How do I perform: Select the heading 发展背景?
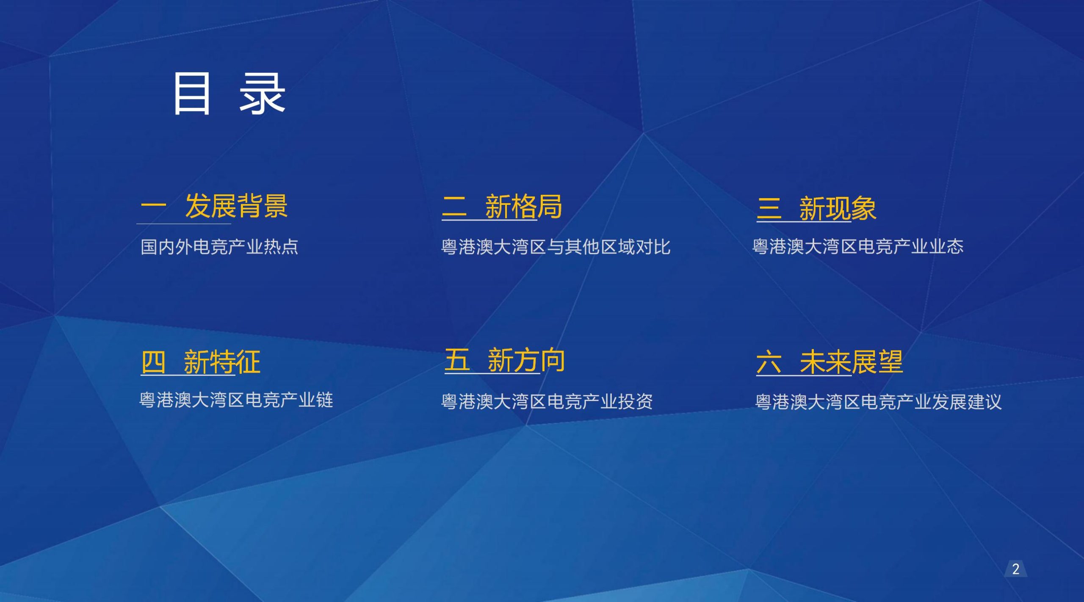[236, 206]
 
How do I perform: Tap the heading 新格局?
[523, 207]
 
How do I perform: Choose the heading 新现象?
[838, 208]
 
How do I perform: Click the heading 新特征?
[222, 362]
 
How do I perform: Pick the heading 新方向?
[526, 360]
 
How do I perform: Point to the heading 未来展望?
[851, 362]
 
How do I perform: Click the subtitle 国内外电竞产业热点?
[219, 247]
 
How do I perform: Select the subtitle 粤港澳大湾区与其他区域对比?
[556, 247]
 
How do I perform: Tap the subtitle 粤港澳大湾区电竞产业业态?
[858, 246]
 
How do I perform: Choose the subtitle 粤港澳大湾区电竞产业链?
[236, 400]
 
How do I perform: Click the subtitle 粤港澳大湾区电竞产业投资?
[547, 401]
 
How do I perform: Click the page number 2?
[1015, 569]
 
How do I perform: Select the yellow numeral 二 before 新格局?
[454, 207]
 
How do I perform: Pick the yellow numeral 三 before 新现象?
[769, 208]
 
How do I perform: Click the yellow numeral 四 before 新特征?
[153, 362]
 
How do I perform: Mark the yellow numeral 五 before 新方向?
[457, 360]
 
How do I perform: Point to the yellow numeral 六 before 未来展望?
[769, 362]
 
